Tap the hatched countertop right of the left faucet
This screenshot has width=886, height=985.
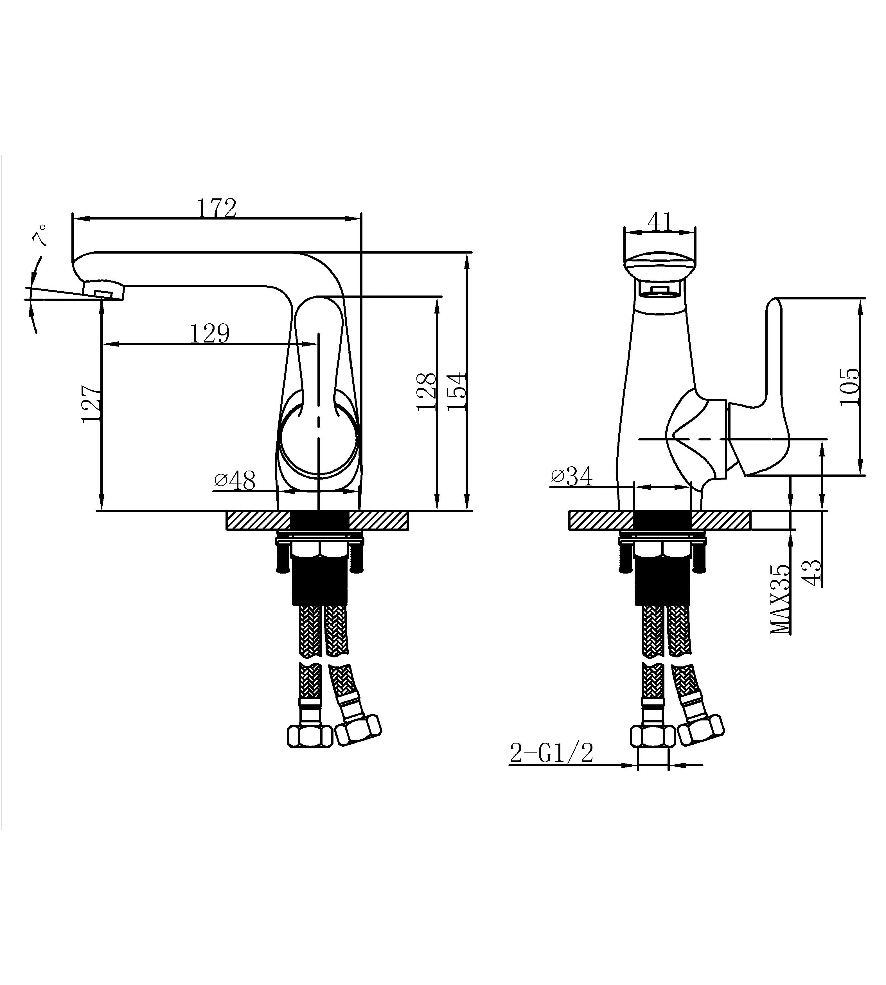[x=379, y=520]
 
